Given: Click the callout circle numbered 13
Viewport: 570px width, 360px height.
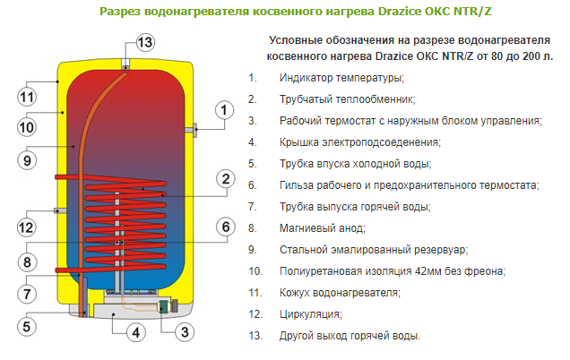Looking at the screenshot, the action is pos(145,41).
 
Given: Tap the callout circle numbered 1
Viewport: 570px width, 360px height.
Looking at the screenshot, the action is pos(223,110).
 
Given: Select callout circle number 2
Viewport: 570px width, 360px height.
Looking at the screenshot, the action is pos(224,179).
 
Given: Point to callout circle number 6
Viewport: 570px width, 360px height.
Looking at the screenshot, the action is pos(223,227).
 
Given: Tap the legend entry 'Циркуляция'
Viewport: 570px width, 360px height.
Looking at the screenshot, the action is pos(310,314).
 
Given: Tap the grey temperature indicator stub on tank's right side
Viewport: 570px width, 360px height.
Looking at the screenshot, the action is pos(193,131).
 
